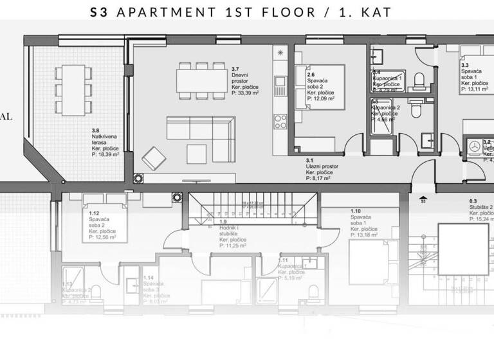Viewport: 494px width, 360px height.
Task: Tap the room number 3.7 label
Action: pyautogui.click(x=235, y=69)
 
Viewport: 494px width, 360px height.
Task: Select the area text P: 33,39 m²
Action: pyautogui.click(x=244, y=93)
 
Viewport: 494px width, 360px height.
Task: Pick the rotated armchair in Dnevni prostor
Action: pyautogui.click(x=153, y=157)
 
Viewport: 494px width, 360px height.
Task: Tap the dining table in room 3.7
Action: pyautogui.click(x=201, y=81)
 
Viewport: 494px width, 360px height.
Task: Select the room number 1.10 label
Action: pyautogui.click(x=356, y=211)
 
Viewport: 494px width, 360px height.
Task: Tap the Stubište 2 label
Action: pyautogui.click(x=481, y=208)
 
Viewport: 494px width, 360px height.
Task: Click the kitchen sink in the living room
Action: pyautogui.click(x=280, y=82)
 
